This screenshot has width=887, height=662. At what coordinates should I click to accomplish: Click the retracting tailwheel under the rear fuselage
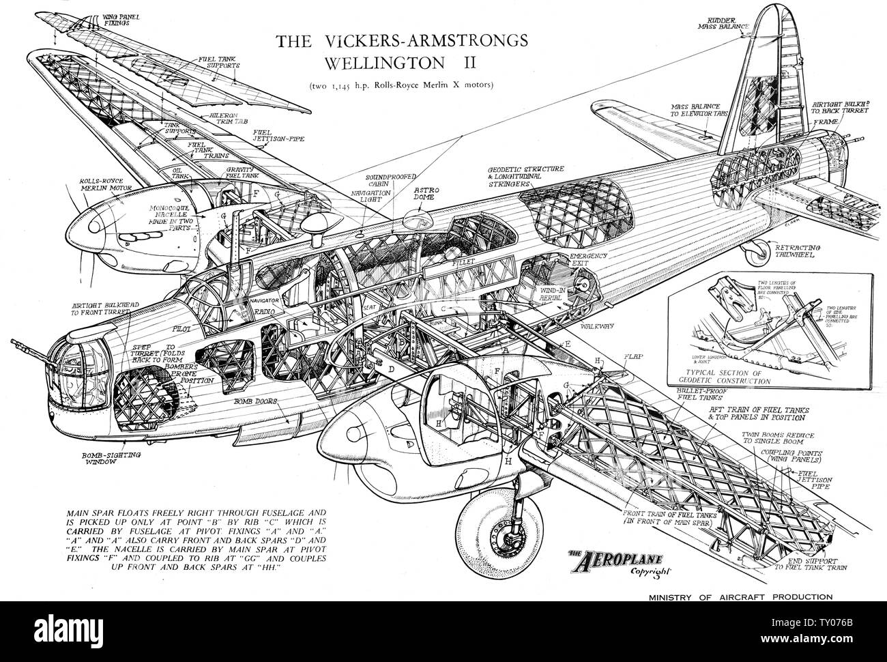756,256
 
